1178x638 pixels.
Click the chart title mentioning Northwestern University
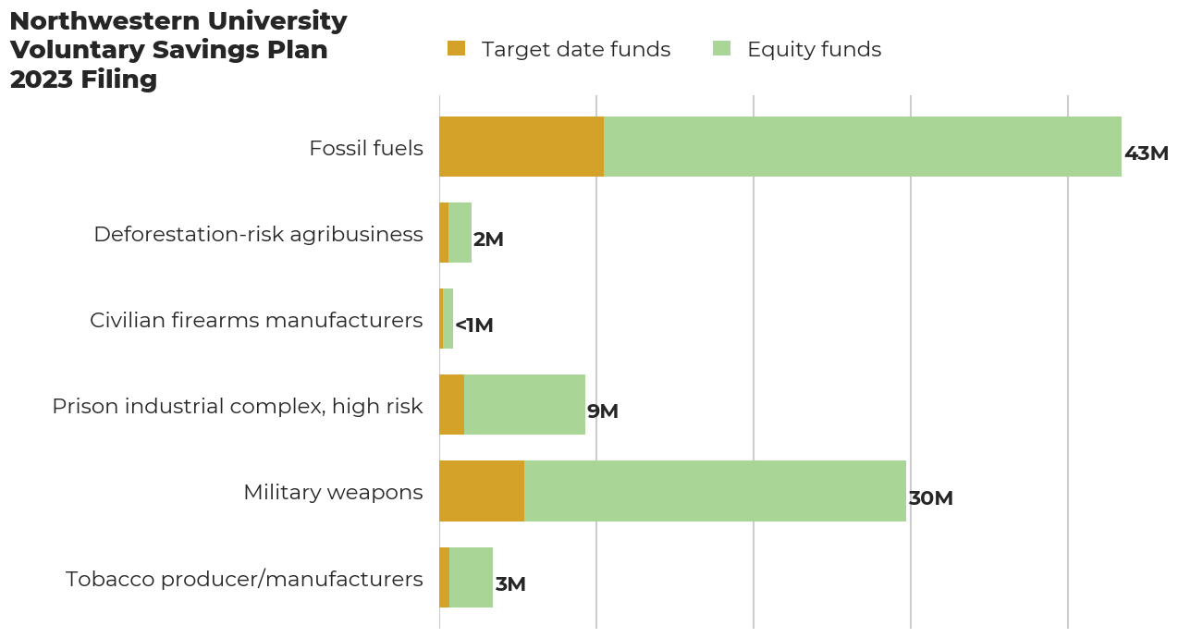pos(178,50)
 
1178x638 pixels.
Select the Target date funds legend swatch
pos(456,49)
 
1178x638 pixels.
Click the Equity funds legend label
pos(814,50)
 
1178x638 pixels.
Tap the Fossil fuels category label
pos(366,148)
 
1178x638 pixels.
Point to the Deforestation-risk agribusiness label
pos(258,234)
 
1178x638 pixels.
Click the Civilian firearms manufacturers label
pos(256,320)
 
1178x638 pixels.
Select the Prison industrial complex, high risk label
pos(238,406)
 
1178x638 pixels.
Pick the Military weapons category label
pos(333,492)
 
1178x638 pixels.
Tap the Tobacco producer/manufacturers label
pos(244,579)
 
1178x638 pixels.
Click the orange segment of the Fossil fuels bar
pos(522,147)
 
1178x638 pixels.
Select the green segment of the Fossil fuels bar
pos(862,147)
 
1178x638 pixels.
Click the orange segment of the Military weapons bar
pos(482,491)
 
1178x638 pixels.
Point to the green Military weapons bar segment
pos(715,491)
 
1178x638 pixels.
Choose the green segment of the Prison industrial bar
pos(524,405)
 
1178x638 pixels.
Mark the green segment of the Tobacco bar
pos(471,578)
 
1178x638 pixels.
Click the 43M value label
pos(1146,153)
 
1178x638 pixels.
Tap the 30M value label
pos(930,498)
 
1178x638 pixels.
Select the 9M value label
pos(603,411)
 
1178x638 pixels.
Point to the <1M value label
pos(474,325)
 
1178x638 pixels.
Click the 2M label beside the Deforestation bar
pos(488,239)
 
